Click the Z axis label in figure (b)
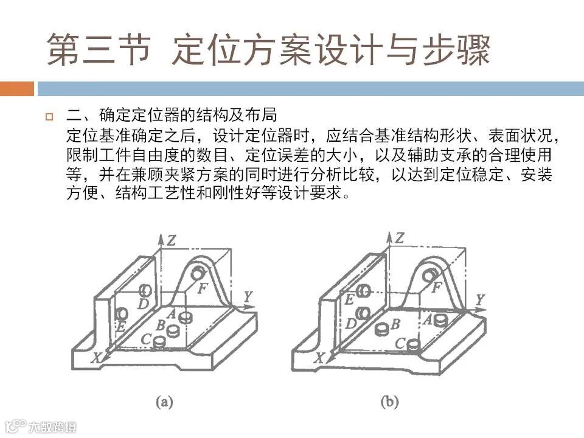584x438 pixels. tap(399, 238)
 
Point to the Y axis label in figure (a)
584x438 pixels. tap(248, 297)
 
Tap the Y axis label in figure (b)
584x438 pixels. tap(480, 299)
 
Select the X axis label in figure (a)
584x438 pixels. tap(96, 359)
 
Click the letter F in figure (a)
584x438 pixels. tap(203, 288)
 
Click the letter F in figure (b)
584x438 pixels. tap(436, 288)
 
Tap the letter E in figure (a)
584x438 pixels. tap(120, 327)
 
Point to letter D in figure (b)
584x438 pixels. tap(350, 324)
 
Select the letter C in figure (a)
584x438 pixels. tap(146, 338)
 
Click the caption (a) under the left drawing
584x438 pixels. tap(164, 401)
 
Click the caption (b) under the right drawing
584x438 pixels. tap(389, 401)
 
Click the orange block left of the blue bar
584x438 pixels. tap(16, 89)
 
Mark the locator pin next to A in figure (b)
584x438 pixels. tap(441, 319)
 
